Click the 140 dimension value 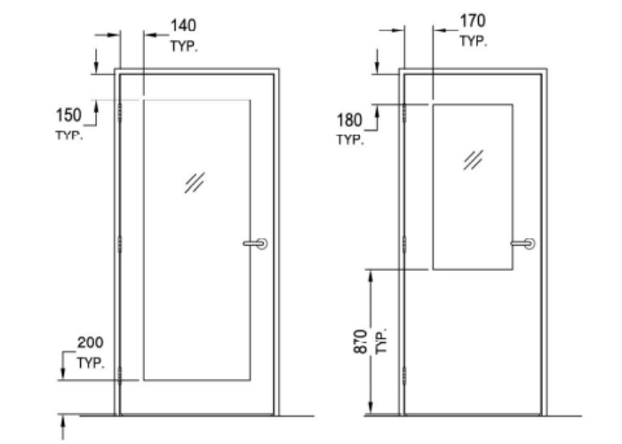click(x=183, y=26)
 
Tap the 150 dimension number click(x=68, y=115)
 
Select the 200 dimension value click(x=91, y=343)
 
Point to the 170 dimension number click(x=473, y=20)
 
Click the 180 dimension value click(x=349, y=120)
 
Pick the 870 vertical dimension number click(x=361, y=341)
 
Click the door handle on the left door click(x=255, y=243)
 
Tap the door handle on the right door click(x=522, y=243)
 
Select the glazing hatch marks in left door click(x=195, y=182)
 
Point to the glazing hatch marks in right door click(x=473, y=159)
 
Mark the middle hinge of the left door click(x=120, y=243)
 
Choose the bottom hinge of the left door click(x=120, y=375)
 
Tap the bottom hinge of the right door click(x=404, y=375)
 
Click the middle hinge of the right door click(x=404, y=243)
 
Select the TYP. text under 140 click(x=184, y=46)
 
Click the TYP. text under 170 click(x=474, y=41)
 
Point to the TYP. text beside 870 click(x=380, y=342)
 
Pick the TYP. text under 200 click(x=91, y=362)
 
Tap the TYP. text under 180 click(x=350, y=139)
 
